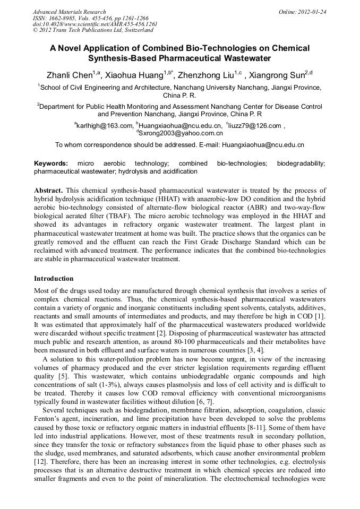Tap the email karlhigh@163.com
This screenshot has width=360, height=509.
pyautogui.click(x=104, y=125)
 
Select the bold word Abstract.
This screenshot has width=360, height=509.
pyautogui.click(x=48, y=190)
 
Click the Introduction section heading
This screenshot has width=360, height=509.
pyautogui.click(x=54, y=278)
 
